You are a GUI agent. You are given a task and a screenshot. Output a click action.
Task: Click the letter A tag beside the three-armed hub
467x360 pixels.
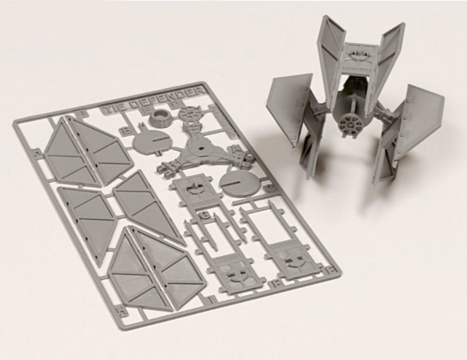[231, 148]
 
